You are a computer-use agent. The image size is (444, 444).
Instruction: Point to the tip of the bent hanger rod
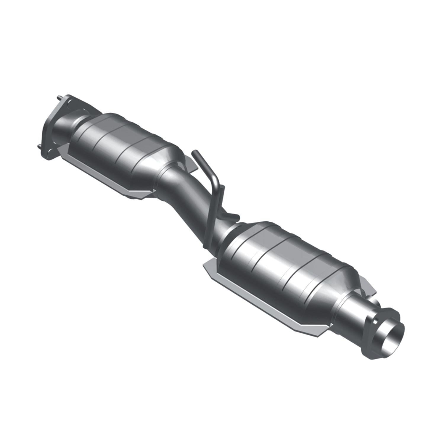pos(194,153)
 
